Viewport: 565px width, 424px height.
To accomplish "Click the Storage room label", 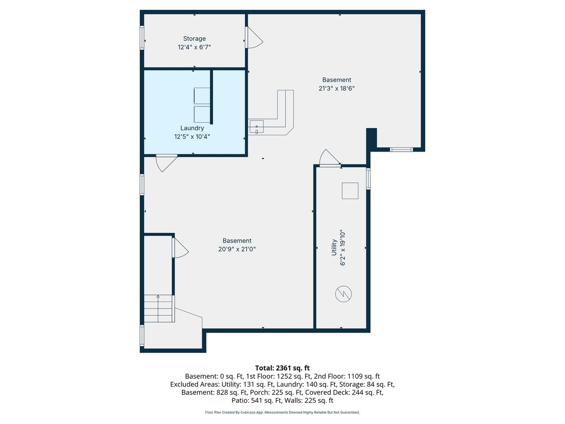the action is pyautogui.click(x=194, y=39).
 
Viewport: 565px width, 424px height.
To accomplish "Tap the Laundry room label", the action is pyautogui.click(x=192, y=128).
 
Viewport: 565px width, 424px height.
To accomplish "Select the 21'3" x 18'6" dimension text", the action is pyautogui.click(x=337, y=88).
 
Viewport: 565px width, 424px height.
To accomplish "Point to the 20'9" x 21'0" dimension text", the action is pyautogui.click(x=237, y=249).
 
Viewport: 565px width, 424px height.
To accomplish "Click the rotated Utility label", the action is pyautogui.click(x=334, y=247).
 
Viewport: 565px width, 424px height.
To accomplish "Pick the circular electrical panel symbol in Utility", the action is pyautogui.click(x=343, y=294).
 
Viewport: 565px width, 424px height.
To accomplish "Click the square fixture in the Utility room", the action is pyautogui.click(x=350, y=191).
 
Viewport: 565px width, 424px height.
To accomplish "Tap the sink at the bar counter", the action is pyautogui.click(x=257, y=127).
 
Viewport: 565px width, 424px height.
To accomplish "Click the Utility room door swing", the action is pyautogui.click(x=330, y=158).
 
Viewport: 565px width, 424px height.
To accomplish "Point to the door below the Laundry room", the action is pyautogui.click(x=167, y=163).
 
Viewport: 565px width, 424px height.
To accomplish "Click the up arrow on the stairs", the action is pyautogui.click(x=158, y=308).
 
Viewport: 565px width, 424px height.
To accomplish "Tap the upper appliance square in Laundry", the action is pyautogui.click(x=202, y=96).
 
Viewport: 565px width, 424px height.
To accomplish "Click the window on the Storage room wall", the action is pyautogui.click(x=142, y=38).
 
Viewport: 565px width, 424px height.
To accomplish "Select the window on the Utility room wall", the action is pyautogui.click(x=368, y=179).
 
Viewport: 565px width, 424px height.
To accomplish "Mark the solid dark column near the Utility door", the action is pyautogui.click(x=371, y=138).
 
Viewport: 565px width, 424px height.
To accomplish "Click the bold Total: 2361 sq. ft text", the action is pyautogui.click(x=282, y=368).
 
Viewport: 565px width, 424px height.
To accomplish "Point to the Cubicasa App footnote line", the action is pyautogui.click(x=282, y=412).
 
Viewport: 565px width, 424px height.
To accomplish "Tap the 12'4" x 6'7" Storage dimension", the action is pyautogui.click(x=194, y=48).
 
